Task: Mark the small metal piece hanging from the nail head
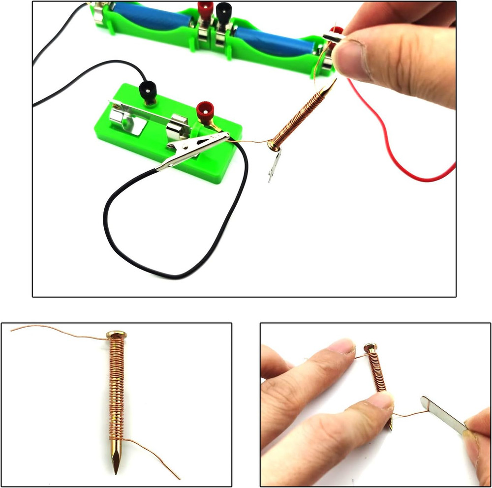(274, 165)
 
